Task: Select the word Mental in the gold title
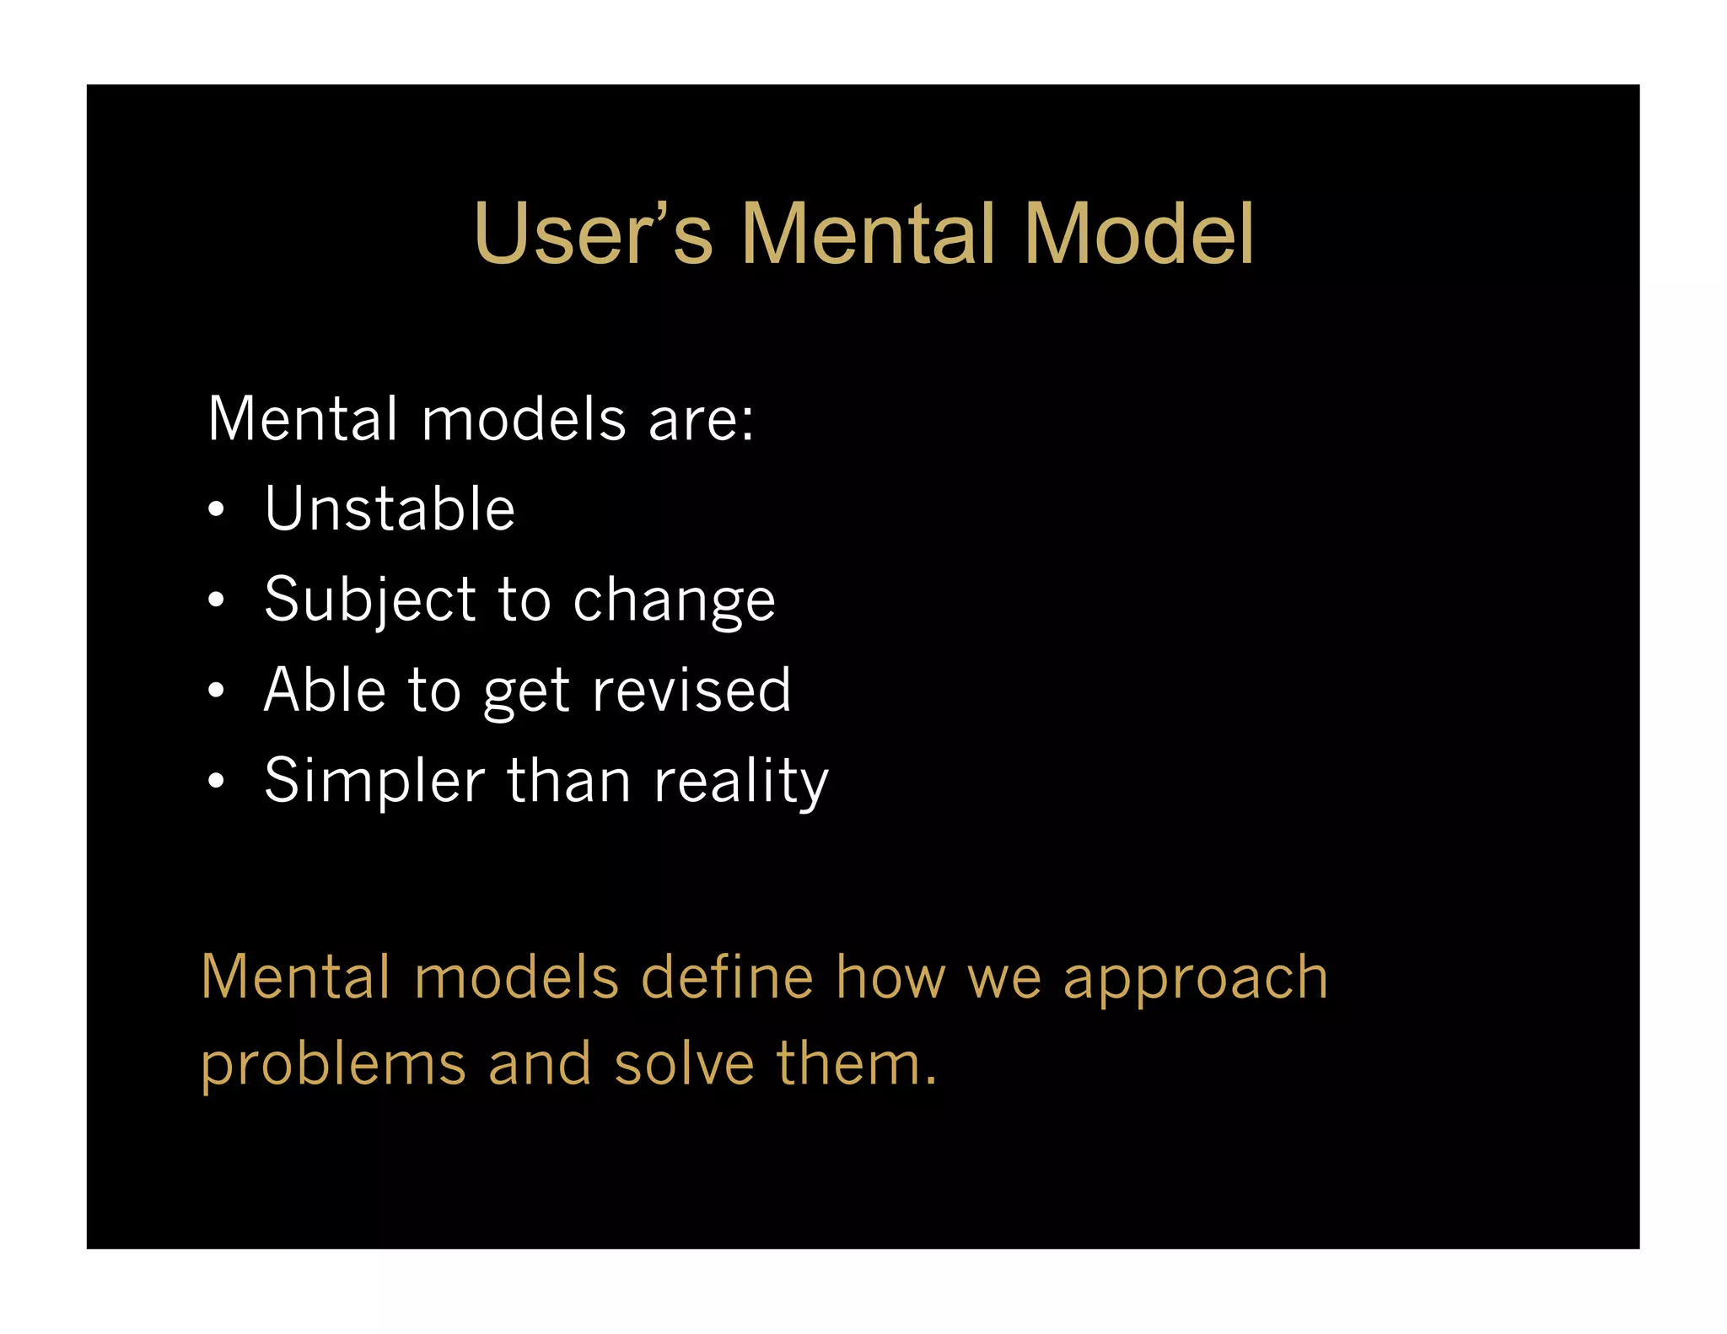(x=868, y=234)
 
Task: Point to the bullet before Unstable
(x=217, y=509)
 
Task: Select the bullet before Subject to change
(x=217, y=600)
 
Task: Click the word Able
(x=325, y=690)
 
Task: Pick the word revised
(x=691, y=690)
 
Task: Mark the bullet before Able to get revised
(x=217, y=690)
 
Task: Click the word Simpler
(x=374, y=782)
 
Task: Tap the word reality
(x=741, y=782)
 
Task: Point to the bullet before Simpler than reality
(x=217, y=781)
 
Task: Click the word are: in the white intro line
(x=701, y=419)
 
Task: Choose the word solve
(x=684, y=1063)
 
